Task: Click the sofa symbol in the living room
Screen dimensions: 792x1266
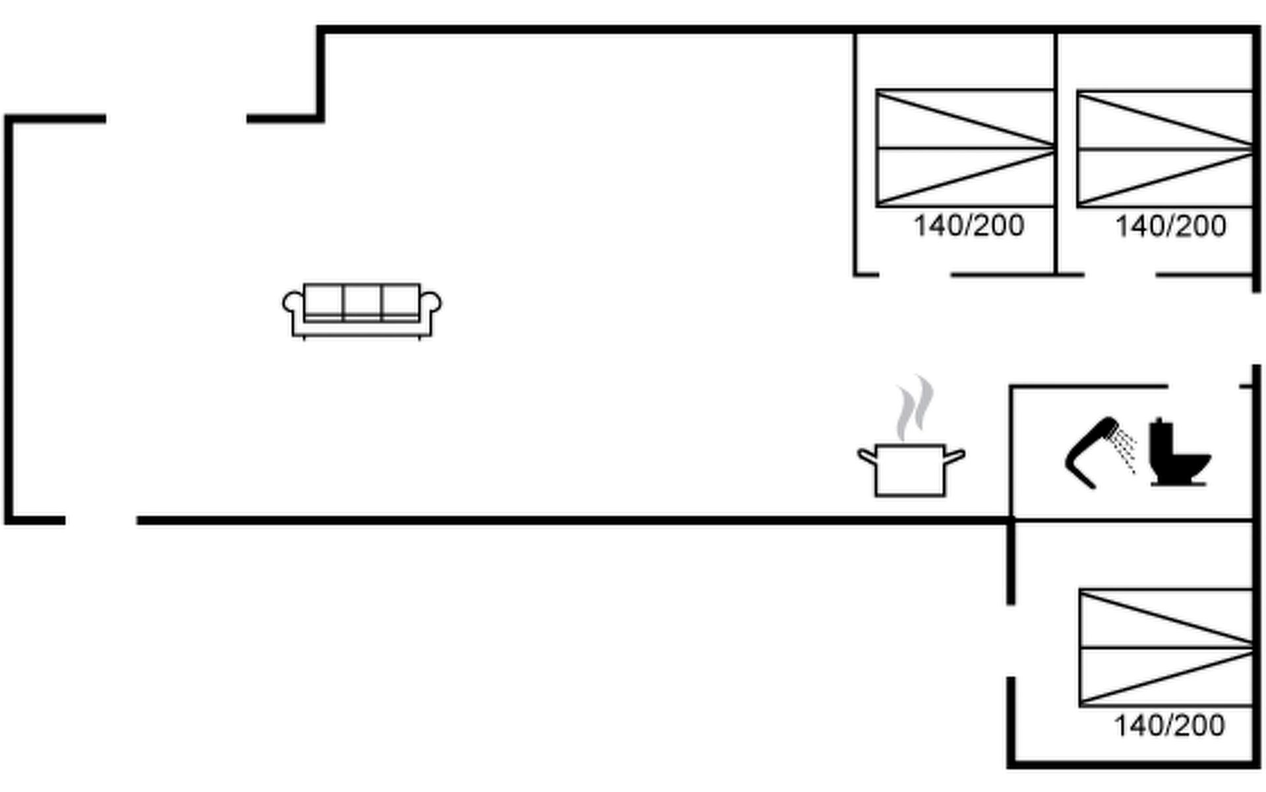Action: [362, 311]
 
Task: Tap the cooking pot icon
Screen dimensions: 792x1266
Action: [910, 470]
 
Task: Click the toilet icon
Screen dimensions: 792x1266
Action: [1176, 454]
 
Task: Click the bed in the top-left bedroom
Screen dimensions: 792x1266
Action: [965, 148]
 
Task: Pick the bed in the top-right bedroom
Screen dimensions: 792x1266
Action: [1165, 149]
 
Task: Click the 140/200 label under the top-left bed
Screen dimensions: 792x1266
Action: [969, 226]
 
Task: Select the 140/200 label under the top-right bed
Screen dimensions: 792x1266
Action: [1170, 226]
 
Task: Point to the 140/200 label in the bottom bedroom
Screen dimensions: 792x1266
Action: [1169, 726]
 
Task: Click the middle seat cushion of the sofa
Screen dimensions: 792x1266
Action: [362, 302]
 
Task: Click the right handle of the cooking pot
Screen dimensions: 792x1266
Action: [955, 456]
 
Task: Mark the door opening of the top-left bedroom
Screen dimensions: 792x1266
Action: [915, 275]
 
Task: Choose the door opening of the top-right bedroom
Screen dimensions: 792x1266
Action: [1120, 275]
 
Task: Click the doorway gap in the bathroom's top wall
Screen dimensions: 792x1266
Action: [1204, 386]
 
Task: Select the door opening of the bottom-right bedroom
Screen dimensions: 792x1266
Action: [1011, 640]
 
